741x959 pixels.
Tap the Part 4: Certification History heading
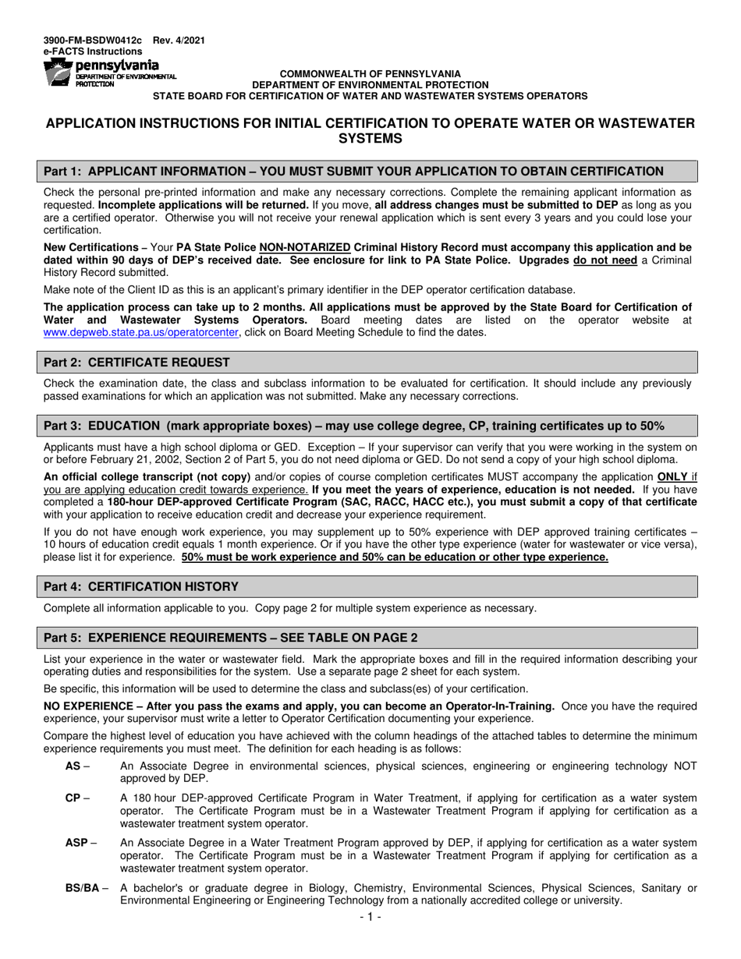pyautogui.click(x=141, y=586)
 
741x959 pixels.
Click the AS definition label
pyautogui.click(x=73, y=766)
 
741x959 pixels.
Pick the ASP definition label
pyautogui.click(x=76, y=843)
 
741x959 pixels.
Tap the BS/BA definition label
pyautogui.click(x=83, y=888)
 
